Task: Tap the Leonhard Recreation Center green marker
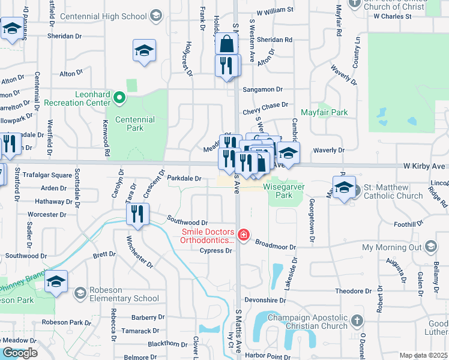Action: [x=119, y=97]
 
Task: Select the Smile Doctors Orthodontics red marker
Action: [x=244, y=235]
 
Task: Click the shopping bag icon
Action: [x=228, y=44]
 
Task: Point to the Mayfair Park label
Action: [x=324, y=112]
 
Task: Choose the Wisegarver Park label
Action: [x=285, y=191]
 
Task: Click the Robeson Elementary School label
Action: [x=124, y=294]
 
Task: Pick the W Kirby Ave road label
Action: [x=424, y=166]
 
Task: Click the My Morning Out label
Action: [x=393, y=247]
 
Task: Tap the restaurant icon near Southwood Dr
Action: [x=138, y=214]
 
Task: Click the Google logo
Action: [x=19, y=353]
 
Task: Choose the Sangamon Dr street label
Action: [x=262, y=89]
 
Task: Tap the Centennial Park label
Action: [x=130, y=124]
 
